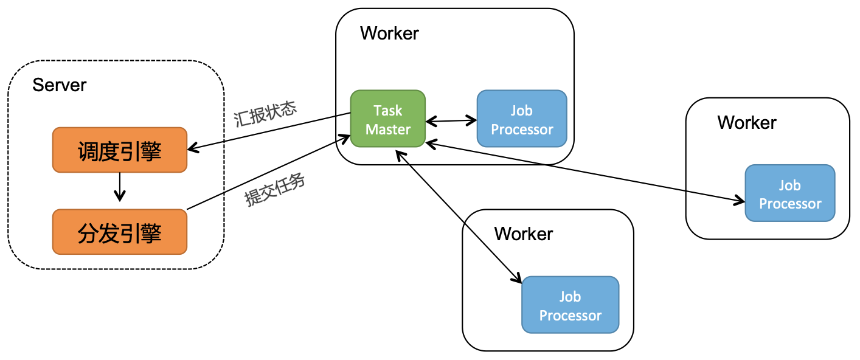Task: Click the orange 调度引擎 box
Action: point(120,150)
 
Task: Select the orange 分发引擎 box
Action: point(120,232)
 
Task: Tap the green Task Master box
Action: point(387,119)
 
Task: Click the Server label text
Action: point(60,85)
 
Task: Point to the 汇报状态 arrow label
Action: point(265,114)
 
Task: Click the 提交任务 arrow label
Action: point(275,190)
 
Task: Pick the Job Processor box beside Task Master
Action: point(522,119)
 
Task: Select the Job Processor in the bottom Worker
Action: point(570,305)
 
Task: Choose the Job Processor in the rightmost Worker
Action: point(790,193)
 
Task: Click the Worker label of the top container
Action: point(389,33)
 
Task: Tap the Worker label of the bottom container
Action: point(524,234)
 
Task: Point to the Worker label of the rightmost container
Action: point(747,123)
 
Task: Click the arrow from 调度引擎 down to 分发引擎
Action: point(120,187)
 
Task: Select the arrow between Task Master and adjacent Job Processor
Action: point(451,121)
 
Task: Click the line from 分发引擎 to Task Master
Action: point(268,175)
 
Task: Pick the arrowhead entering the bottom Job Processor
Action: point(518,279)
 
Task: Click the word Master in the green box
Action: point(388,129)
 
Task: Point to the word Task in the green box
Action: point(388,111)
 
